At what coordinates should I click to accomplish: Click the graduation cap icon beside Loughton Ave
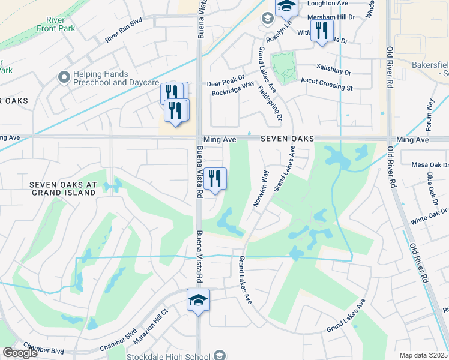[x=286, y=7]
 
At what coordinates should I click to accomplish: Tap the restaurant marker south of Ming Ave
[x=215, y=178]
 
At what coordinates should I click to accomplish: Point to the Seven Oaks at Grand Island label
[x=63, y=188]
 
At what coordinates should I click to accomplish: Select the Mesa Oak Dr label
[x=430, y=165]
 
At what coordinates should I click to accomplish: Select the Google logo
[x=20, y=353]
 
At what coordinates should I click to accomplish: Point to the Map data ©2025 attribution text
[x=423, y=355]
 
